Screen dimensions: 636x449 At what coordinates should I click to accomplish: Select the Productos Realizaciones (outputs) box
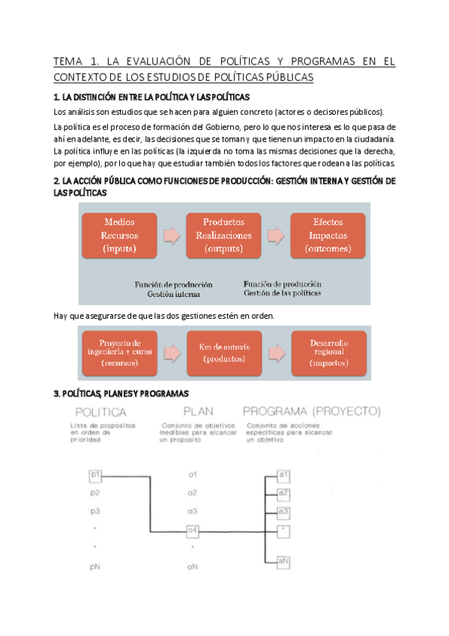point(223,235)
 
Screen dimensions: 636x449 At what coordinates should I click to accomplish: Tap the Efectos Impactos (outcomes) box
point(328,235)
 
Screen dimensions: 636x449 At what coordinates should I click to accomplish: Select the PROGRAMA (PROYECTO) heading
point(312,412)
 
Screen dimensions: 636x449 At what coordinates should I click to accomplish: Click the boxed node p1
point(95,474)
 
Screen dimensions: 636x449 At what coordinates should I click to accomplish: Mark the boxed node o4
point(193,532)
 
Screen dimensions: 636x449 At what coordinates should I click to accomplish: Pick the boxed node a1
point(283,475)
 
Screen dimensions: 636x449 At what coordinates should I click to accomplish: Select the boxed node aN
point(283,561)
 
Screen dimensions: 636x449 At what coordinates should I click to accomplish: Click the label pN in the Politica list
point(95,567)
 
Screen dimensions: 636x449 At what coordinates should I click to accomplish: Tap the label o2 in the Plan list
point(193,493)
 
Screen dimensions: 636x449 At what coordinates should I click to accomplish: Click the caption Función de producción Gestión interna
point(173,289)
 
